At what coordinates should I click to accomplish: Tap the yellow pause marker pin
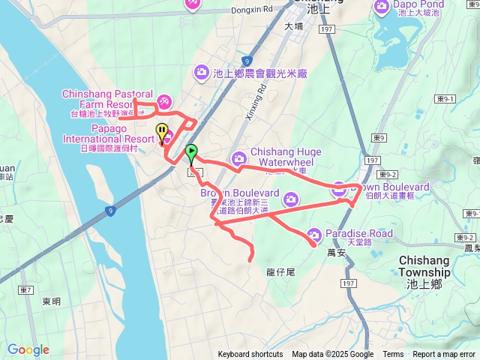point(162,133)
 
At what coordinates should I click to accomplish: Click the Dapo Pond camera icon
point(381,7)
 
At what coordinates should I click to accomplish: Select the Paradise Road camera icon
point(315,234)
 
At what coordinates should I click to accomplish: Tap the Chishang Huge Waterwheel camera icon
point(238,158)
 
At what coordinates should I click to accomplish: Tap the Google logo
point(28,349)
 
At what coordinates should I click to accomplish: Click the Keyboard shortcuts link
point(250,355)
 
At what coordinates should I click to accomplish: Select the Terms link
point(393,355)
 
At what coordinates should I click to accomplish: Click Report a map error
point(444,355)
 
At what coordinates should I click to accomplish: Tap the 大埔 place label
point(294,26)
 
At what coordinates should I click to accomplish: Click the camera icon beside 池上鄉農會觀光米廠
point(201,72)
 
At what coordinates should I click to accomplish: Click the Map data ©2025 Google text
point(333,355)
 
